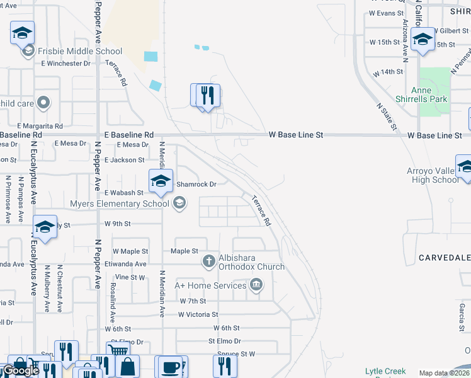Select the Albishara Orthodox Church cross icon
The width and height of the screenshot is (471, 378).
click(x=210, y=260)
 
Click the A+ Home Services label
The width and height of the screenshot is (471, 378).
click(x=211, y=285)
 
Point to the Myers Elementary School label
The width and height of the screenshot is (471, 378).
click(x=120, y=203)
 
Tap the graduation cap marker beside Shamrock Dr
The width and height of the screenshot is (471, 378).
click(x=161, y=181)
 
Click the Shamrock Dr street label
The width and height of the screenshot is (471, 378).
click(x=196, y=185)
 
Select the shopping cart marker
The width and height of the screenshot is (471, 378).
click(x=118, y=350)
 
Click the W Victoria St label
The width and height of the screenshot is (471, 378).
click(x=198, y=314)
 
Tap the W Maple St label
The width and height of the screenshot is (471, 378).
click(x=130, y=251)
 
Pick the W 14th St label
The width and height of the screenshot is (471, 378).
click(x=387, y=72)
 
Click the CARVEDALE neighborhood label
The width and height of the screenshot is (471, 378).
click(x=445, y=258)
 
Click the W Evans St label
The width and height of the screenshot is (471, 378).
click(x=386, y=13)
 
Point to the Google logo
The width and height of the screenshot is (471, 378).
click(x=21, y=370)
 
